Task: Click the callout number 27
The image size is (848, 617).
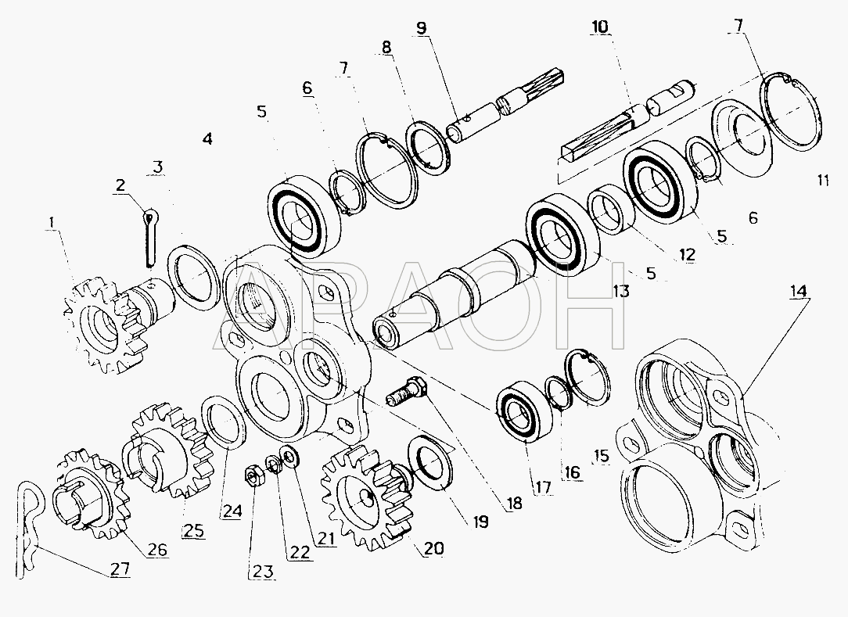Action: [x=120, y=569]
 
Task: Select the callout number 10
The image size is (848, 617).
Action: [x=598, y=27]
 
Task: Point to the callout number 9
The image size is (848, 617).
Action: [x=422, y=27]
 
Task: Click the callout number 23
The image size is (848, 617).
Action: [x=262, y=571]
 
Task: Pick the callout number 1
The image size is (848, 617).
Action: [x=52, y=222]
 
